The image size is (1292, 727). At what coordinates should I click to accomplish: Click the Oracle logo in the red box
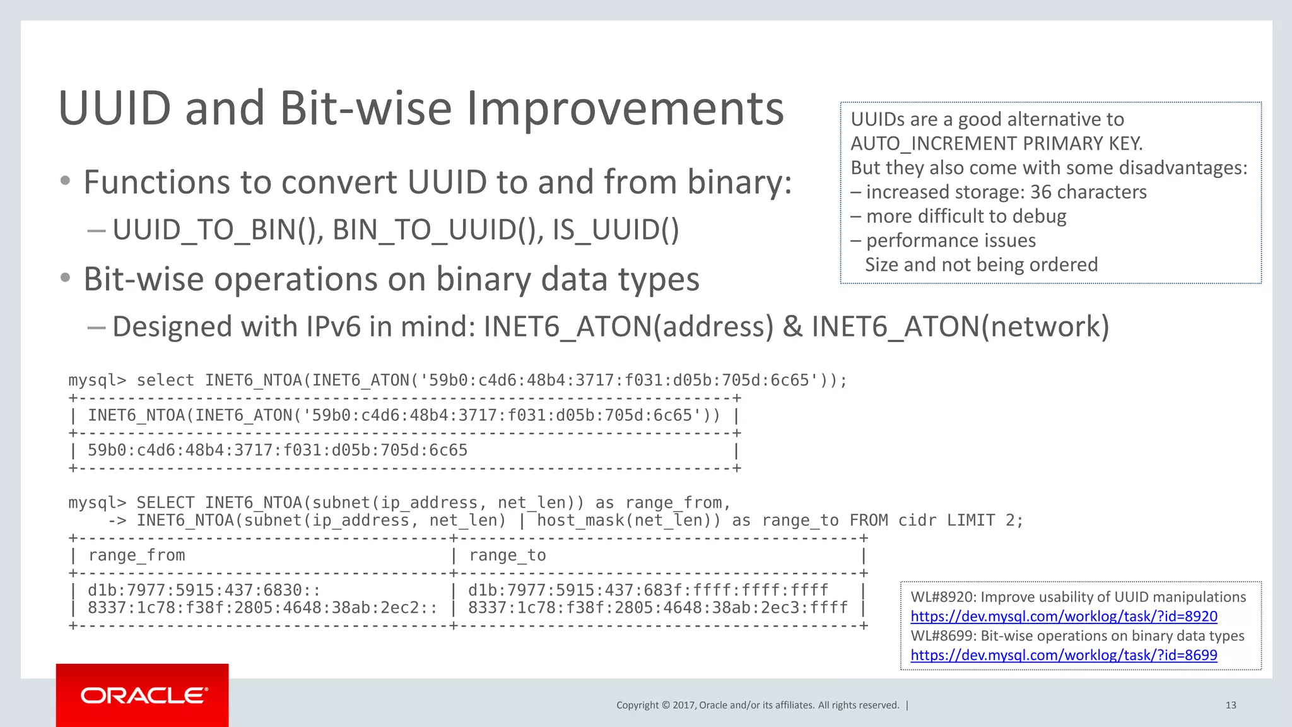pos(144,695)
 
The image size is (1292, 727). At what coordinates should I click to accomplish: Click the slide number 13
pos(1230,706)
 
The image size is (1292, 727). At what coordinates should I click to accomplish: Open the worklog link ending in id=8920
pos(1064,616)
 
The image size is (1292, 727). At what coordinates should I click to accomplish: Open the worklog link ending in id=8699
pos(1064,655)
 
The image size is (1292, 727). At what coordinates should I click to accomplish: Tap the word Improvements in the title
pos(625,109)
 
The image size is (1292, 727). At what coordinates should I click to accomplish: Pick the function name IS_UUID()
pos(616,230)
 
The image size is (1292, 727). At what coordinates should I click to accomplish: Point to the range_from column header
pos(136,555)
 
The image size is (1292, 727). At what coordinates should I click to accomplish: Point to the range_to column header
pos(507,555)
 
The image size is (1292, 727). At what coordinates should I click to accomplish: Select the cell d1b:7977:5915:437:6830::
pos(204,590)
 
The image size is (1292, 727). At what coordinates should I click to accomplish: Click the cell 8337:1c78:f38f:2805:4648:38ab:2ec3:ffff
pos(657,608)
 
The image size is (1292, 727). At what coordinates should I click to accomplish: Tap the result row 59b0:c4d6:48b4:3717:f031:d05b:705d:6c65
pos(278,451)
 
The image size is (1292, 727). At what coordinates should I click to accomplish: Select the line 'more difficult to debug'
pos(965,216)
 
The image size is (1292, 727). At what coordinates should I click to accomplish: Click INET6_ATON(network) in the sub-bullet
pos(960,327)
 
